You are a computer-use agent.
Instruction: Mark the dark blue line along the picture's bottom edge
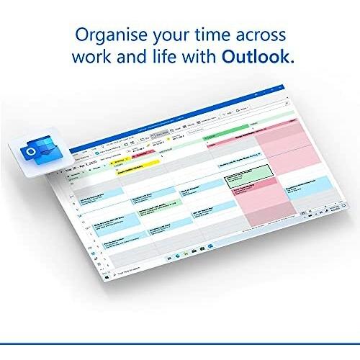tap(180, 356)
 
